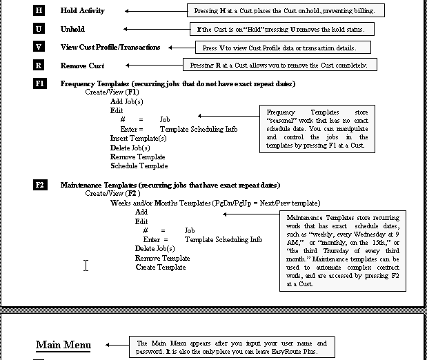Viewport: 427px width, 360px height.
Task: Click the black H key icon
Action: tap(39, 11)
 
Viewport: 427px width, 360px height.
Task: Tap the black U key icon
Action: tap(39, 29)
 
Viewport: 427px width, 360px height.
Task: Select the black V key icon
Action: tap(39, 47)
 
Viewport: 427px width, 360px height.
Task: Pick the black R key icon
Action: tap(39, 66)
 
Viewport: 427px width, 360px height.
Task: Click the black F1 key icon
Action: tap(40, 83)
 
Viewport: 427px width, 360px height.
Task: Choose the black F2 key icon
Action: tap(40, 185)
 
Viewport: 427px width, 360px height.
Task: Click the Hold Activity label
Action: tap(82, 11)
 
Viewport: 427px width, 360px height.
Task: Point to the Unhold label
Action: tap(72, 29)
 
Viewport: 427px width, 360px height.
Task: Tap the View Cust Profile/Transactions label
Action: tap(110, 47)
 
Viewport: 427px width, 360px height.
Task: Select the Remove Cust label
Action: tap(82, 66)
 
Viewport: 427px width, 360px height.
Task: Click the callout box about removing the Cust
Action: tap(280, 65)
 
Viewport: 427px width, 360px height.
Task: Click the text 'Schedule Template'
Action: tap(139, 166)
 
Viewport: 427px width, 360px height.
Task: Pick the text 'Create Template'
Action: tap(160, 267)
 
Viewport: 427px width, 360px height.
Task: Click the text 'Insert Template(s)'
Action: tap(138, 138)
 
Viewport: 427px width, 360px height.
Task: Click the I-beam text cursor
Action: tap(86, 266)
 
